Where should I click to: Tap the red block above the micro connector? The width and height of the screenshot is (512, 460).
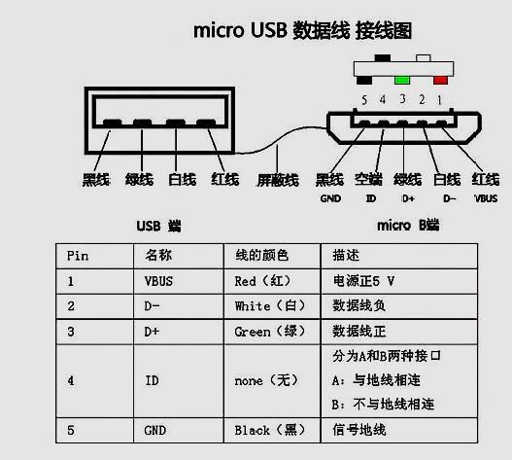pyautogui.click(x=441, y=79)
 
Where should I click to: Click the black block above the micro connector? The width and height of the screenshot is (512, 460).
pyautogui.click(x=381, y=60)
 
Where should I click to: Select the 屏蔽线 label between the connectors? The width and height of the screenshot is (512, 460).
pyautogui.click(x=277, y=180)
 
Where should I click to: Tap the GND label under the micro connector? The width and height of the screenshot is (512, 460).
pyautogui.click(x=328, y=198)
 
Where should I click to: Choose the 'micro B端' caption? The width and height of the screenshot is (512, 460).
pyautogui.click(x=407, y=226)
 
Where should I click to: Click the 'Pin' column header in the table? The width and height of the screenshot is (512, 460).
pyautogui.click(x=78, y=256)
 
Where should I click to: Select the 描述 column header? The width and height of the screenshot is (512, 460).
pyautogui.click(x=346, y=256)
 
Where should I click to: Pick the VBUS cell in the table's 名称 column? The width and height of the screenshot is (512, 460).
pyautogui.click(x=159, y=281)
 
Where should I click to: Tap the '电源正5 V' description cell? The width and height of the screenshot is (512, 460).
pyautogui.click(x=365, y=281)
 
